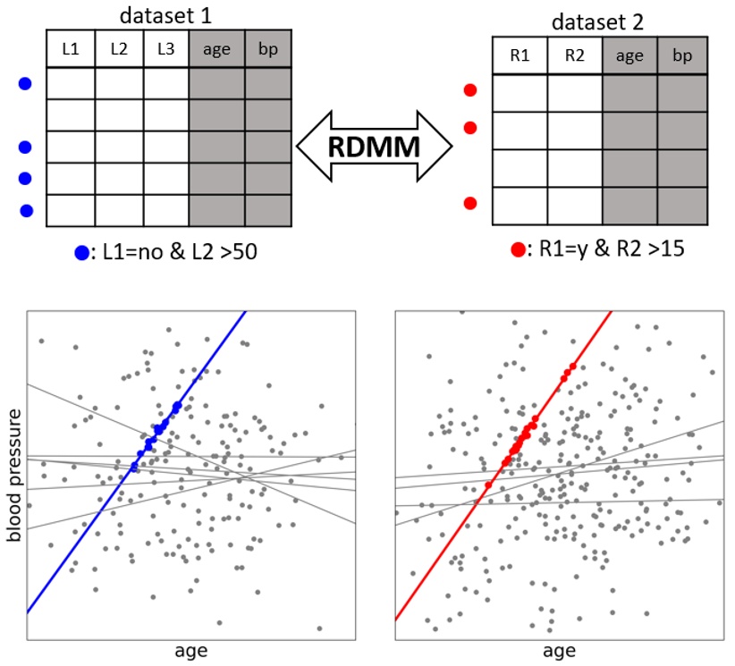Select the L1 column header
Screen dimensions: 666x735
[x=71, y=49]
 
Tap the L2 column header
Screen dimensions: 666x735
[x=119, y=49]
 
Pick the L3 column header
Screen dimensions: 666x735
[x=166, y=49]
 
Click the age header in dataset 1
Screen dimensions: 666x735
[x=216, y=49]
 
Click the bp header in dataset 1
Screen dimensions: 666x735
[x=268, y=49]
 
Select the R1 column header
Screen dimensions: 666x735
[x=520, y=56]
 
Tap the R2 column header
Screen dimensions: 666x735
[x=574, y=56]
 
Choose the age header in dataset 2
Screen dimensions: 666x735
[x=629, y=56]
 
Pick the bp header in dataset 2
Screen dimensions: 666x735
[x=683, y=56]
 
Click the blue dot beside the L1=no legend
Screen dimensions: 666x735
[x=81, y=253]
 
